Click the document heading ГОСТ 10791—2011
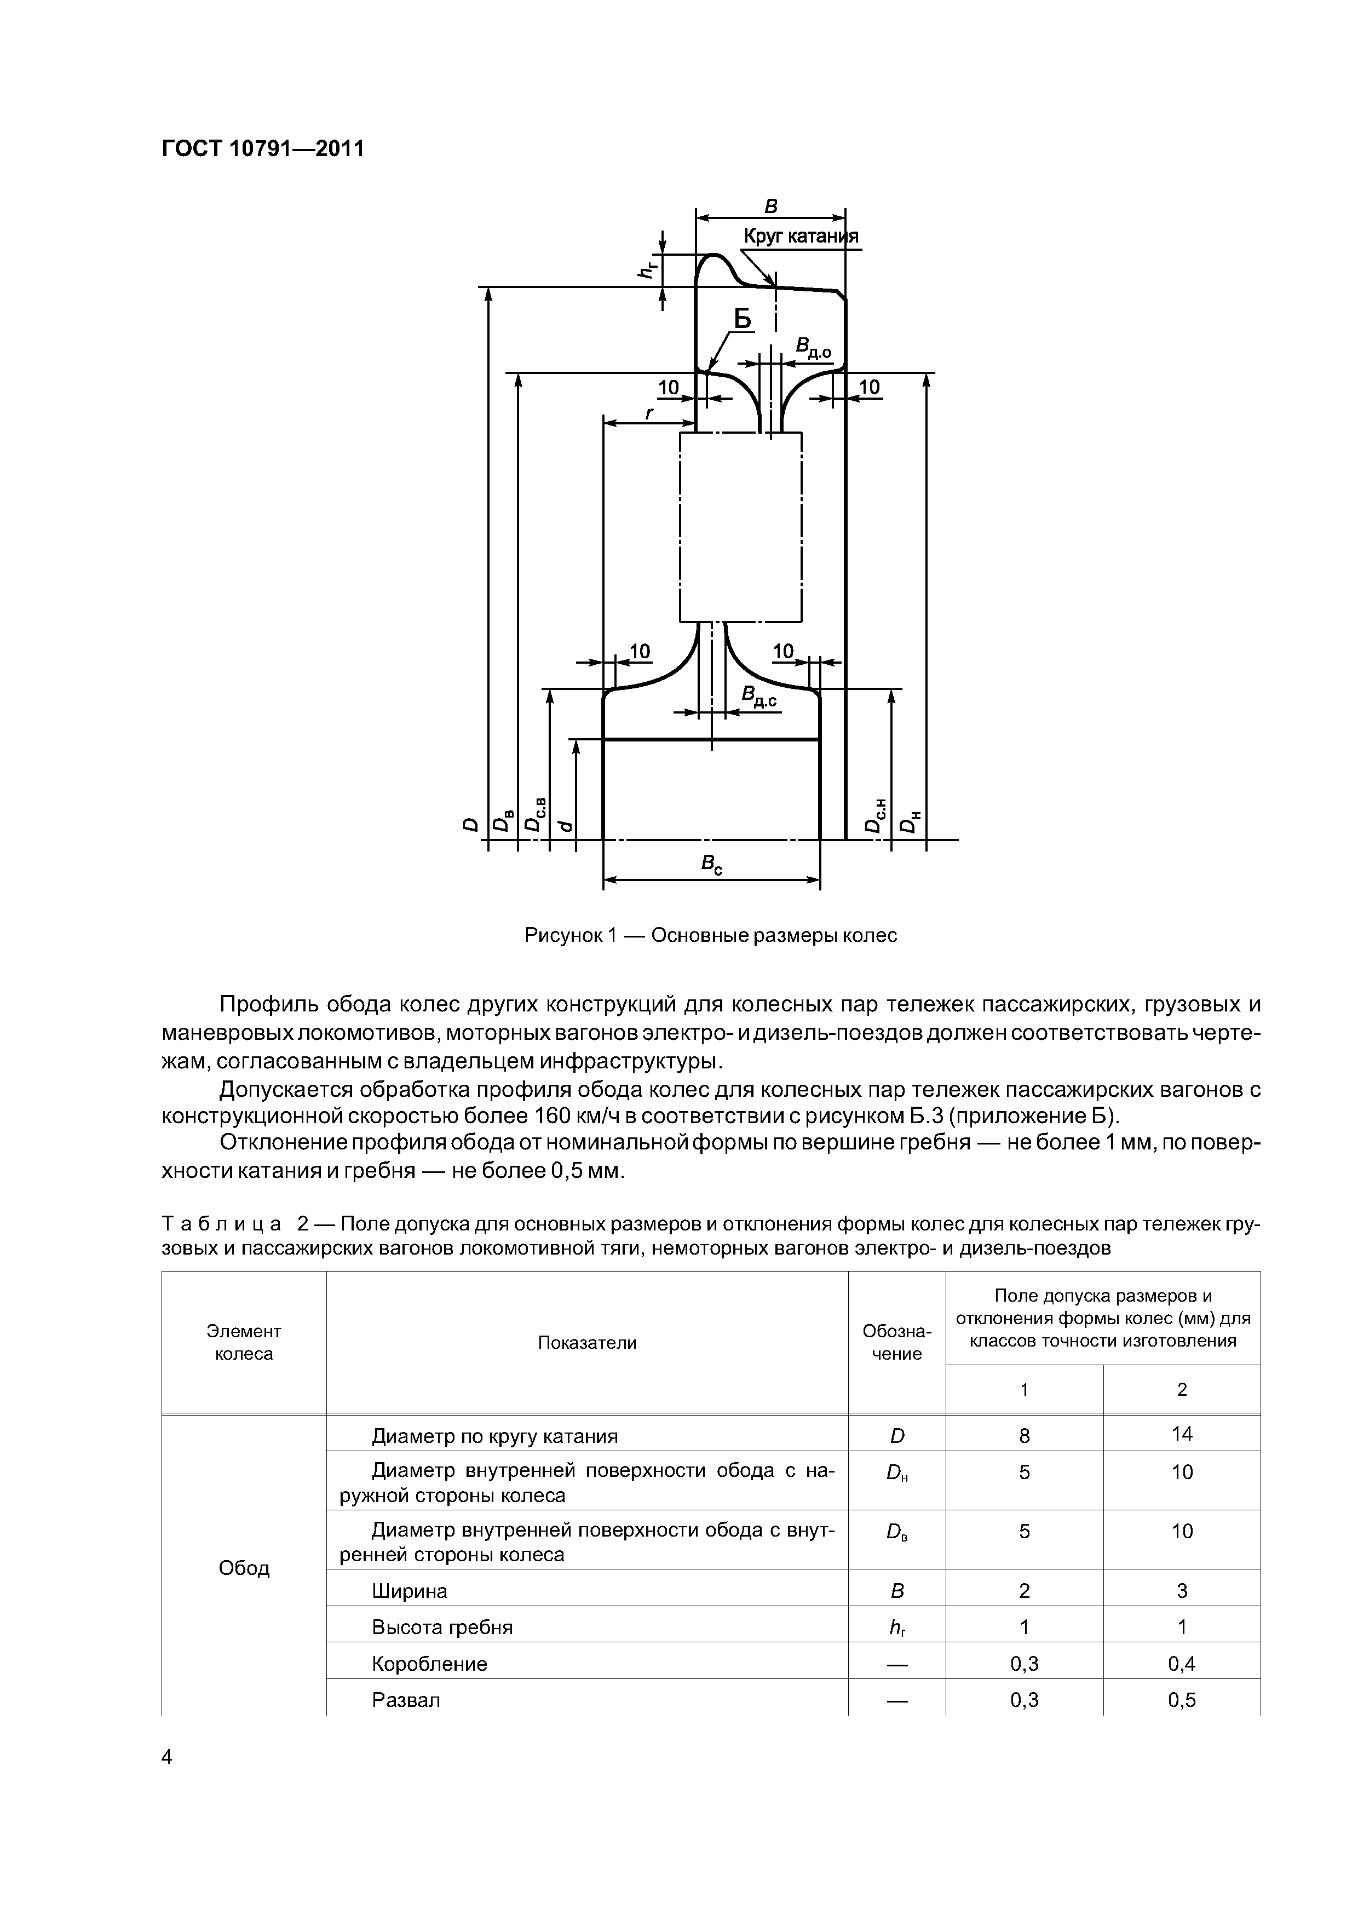coord(263,149)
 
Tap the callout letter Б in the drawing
coord(742,319)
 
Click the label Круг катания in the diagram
coord(801,237)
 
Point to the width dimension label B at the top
coord(772,206)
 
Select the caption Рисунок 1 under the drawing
coord(710,935)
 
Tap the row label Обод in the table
coord(244,1568)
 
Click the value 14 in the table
coord(1182,1434)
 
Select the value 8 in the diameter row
coord(1024,1436)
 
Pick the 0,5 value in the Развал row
coord(1182,1700)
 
